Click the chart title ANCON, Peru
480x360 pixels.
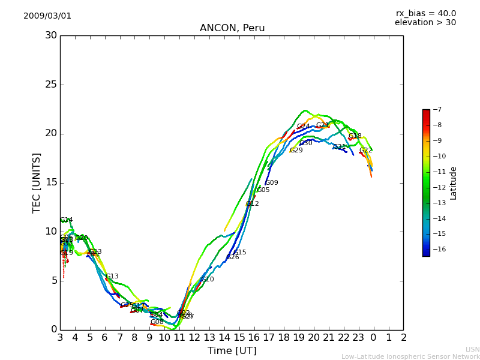click(232, 28)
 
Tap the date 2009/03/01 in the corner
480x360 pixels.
click(47, 16)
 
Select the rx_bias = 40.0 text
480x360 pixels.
click(425, 13)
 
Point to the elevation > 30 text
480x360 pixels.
click(425, 23)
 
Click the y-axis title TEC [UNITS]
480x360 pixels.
click(37, 182)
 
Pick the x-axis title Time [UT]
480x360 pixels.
click(232, 350)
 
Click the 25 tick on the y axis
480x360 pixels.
click(51, 85)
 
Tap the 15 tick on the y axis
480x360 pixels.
click(51, 182)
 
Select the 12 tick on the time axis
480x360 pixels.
click(194, 338)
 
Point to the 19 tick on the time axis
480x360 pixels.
click(299, 338)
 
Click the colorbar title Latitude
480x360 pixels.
click(454, 182)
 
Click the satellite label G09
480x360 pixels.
click(272, 183)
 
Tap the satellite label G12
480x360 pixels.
click(253, 204)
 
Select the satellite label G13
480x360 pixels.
click(112, 277)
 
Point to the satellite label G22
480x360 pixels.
click(366, 151)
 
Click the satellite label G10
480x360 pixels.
click(208, 280)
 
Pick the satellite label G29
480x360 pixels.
click(296, 151)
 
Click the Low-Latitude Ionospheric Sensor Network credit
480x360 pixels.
click(410, 356)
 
